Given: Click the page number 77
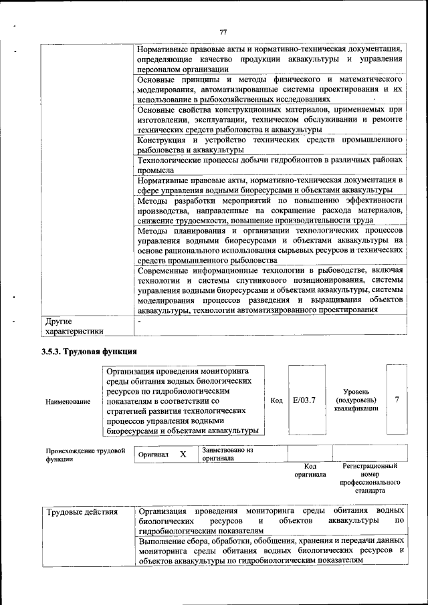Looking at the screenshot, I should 223,32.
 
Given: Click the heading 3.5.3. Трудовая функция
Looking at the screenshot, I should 90,352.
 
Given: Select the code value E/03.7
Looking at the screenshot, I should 304,400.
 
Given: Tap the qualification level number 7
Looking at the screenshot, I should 397,400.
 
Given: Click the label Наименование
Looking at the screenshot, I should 68,401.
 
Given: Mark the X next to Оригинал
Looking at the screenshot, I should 183,455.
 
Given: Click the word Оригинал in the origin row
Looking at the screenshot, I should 153,455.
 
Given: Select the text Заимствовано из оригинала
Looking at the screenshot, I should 227,455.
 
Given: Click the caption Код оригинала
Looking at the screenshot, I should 310,470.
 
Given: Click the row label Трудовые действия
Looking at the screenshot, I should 82,513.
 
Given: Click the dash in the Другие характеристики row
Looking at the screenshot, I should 139,322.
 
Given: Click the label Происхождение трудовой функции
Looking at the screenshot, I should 86,455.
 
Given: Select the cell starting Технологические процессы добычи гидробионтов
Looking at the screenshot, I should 270,165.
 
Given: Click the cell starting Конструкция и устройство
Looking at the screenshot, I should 270,145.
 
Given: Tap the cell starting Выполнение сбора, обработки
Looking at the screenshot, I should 270,550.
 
